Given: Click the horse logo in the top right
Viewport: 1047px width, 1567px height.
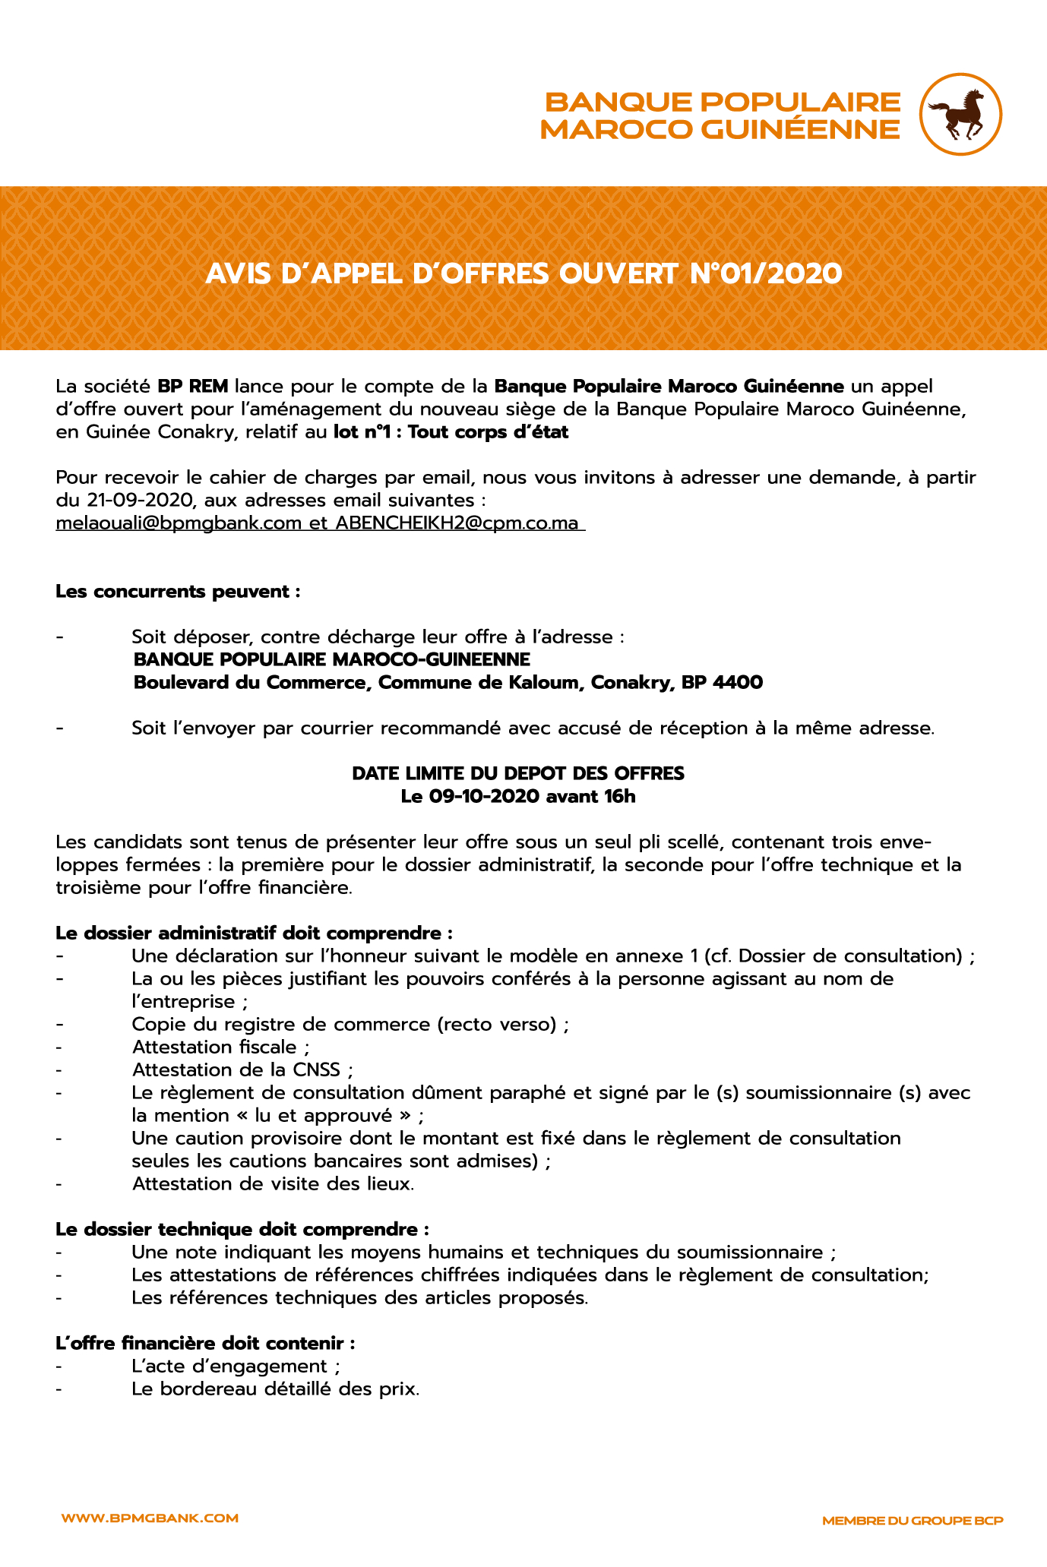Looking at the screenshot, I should (x=960, y=115).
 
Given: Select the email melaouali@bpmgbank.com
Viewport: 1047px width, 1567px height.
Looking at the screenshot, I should (x=179, y=523).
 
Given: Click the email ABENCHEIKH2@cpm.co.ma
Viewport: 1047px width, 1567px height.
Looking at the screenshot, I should (x=457, y=523).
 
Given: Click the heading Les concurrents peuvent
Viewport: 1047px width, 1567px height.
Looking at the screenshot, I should (x=178, y=591).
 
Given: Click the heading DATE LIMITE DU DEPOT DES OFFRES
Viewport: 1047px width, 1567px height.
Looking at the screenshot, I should (x=518, y=773).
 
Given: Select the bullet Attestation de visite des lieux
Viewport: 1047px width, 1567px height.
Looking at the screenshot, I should (x=273, y=1183).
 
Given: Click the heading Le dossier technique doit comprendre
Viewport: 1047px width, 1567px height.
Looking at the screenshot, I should (x=242, y=1229).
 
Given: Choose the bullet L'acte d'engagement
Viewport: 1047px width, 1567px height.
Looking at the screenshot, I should (x=235, y=1366).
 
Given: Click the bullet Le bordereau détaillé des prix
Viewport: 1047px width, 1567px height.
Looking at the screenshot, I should (x=275, y=1389).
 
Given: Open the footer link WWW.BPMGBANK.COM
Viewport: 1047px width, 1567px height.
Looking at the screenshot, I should (x=150, y=1518).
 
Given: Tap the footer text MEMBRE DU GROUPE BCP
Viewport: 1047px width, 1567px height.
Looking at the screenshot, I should (x=913, y=1520).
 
